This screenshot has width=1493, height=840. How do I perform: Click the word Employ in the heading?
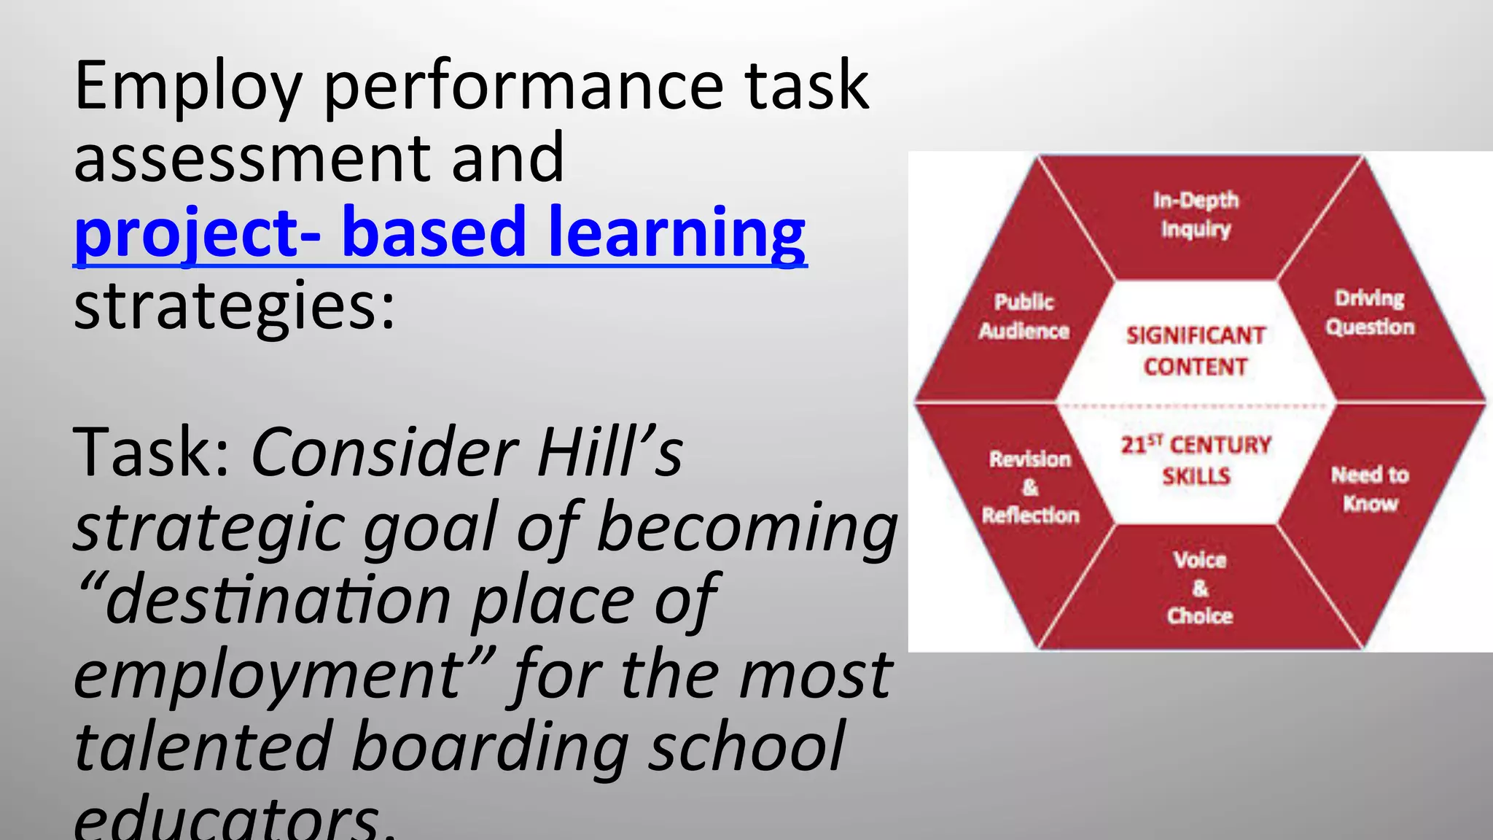pos(188,87)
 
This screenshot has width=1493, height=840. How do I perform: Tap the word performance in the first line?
pos(523,87)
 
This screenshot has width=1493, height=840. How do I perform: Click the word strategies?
pos(234,306)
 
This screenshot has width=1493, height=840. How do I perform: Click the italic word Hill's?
pos(610,452)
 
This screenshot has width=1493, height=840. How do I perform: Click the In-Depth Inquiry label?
pos(1196,214)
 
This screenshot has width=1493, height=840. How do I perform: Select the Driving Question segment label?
pos(1370,313)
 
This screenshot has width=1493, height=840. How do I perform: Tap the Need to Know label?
pos(1370,489)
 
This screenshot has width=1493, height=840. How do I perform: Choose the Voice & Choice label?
pos(1200,588)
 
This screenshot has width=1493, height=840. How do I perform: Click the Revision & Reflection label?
pos(1030,487)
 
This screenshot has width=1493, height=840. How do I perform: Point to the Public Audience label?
pos(1024,316)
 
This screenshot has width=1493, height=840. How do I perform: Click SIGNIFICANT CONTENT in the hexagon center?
pos(1196,351)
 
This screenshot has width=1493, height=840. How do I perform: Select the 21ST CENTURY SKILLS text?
pos(1196,460)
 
